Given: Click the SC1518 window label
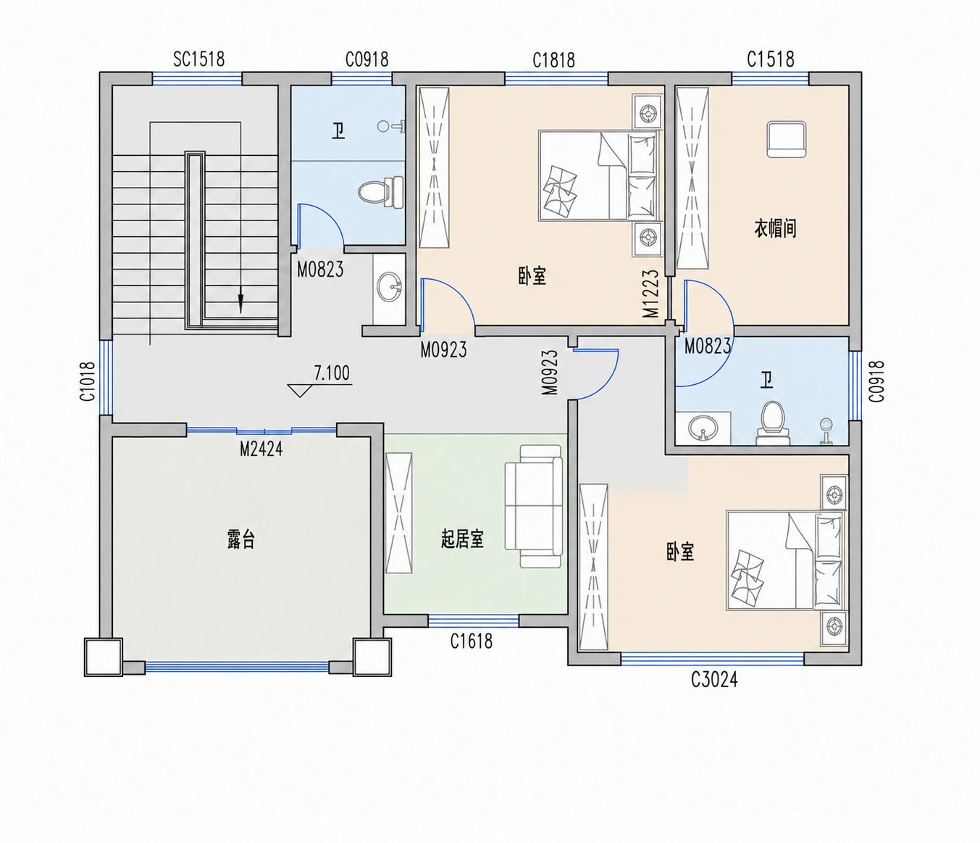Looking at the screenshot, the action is (198, 59).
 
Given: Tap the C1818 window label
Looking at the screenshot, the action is (554, 60).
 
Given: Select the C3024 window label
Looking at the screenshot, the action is (714, 681).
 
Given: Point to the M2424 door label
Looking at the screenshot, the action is (261, 449).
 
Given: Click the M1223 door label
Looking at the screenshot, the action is (651, 294).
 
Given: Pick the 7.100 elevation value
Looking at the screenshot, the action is (332, 373).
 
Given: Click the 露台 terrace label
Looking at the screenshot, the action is (241, 540).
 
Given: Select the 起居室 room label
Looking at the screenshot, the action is (462, 539).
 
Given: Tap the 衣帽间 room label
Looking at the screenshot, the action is (775, 228).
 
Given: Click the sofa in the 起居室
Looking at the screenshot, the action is (535, 506).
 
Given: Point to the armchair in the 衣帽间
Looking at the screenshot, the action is (787, 139).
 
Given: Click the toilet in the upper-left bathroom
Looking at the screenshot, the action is (380, 192).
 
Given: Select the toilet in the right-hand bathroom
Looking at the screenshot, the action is (773, 423).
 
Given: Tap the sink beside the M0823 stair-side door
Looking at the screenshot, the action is (389, 287).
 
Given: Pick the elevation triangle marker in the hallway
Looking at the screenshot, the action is (299, 391).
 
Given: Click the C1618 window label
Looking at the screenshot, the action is (472, 642).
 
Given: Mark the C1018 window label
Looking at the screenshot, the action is (88, 381).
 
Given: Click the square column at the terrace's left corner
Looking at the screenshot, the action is (104, 657).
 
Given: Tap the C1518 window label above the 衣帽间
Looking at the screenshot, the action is (771, 59).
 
